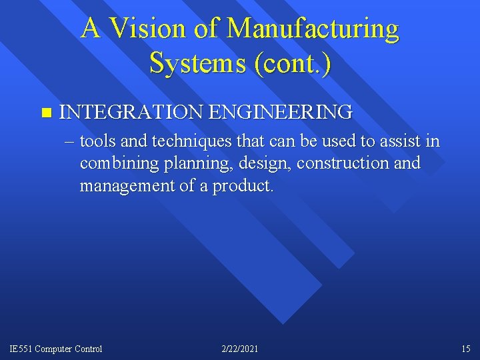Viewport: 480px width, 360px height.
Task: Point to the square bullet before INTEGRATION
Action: [45, 112]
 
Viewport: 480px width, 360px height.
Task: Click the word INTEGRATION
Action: [131, 112]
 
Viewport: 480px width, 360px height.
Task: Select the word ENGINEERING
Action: [280, 112]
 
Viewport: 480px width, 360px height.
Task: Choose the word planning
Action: [186, 163]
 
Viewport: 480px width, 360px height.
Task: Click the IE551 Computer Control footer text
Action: [56, 349]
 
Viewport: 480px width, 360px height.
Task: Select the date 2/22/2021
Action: [239, 349]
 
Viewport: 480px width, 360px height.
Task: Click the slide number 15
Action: [465, 349]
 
